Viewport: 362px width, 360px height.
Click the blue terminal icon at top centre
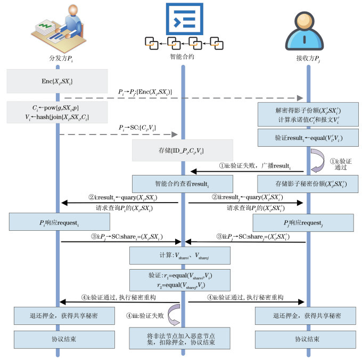tap(183, 19)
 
